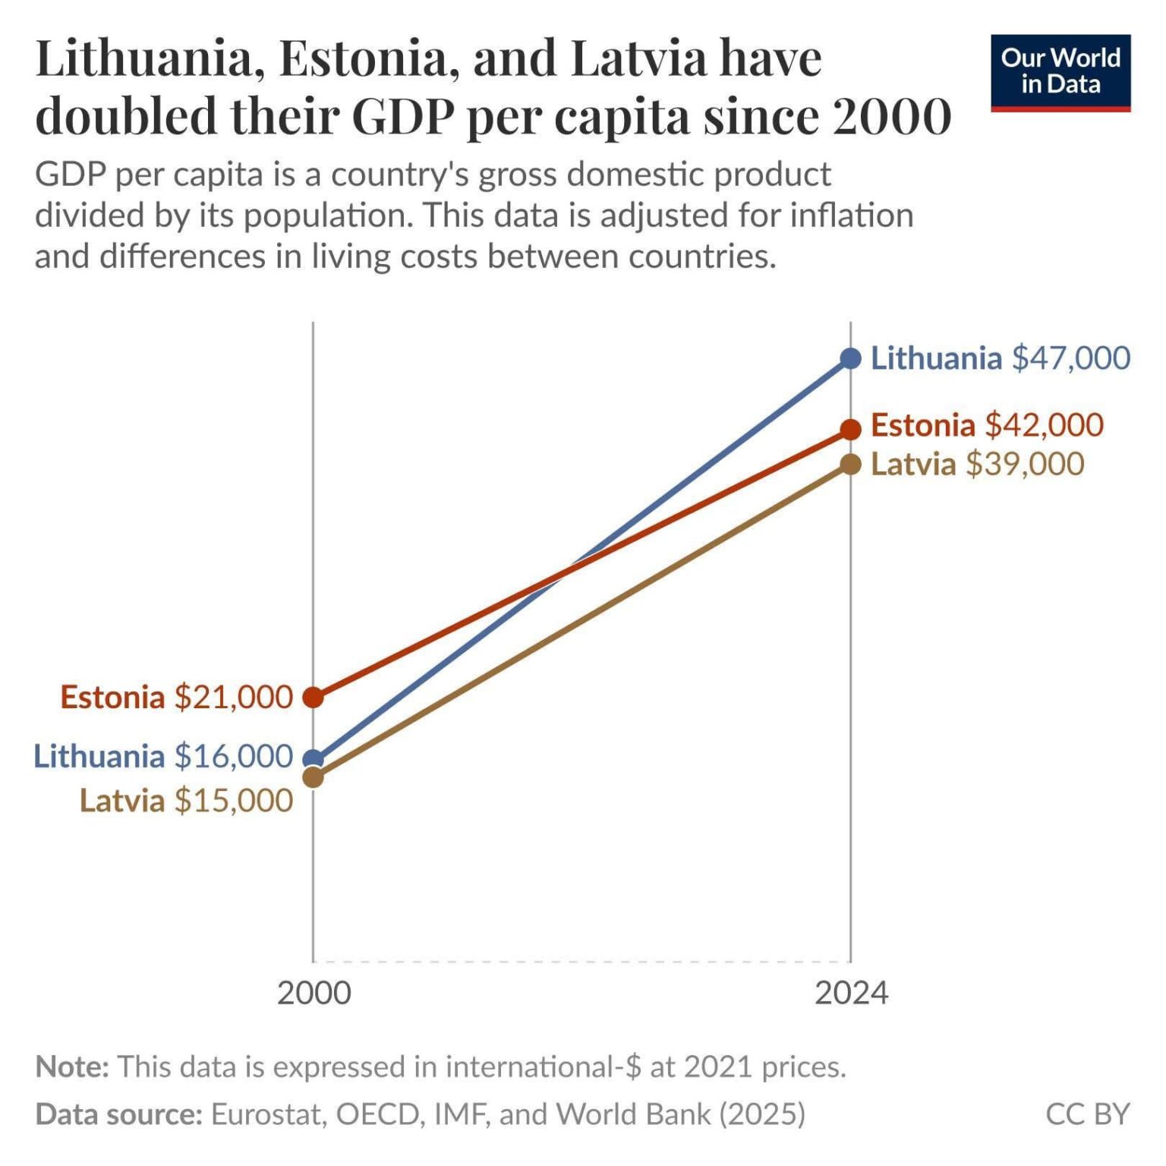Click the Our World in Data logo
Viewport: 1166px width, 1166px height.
point(1060,72)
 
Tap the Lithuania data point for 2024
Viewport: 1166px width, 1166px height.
point(851,358)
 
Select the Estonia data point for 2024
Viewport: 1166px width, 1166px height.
point(851,429)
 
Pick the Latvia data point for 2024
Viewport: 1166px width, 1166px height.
point(851,464)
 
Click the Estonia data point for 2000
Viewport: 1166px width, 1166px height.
point(313,697)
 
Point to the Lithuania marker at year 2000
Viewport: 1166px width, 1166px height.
point(313,758)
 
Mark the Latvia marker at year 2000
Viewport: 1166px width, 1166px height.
point(313,777)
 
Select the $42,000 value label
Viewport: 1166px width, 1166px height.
point(1044,425)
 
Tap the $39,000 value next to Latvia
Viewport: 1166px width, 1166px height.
point(1024,464)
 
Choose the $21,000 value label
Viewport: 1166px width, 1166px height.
point(233,697)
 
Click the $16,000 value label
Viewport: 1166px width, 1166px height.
point(233,756)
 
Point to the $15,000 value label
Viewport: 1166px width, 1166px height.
point(233,801)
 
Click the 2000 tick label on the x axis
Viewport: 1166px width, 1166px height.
point(314,993)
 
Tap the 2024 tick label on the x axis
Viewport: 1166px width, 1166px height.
point(851,993)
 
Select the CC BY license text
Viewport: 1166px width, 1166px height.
point(1087,1114)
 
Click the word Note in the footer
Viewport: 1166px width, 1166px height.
point(72,1067)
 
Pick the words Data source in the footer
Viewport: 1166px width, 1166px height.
point(118,1114)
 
